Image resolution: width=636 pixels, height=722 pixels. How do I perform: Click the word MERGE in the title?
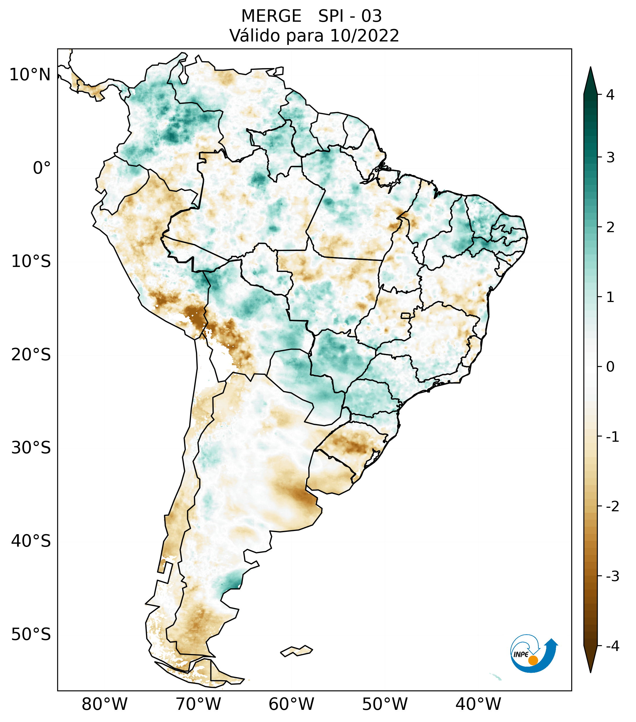click(271, 16)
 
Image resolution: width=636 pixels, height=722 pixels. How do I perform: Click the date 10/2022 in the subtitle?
click(364, 36)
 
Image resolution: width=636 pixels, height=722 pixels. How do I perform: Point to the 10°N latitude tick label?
click(30, 75)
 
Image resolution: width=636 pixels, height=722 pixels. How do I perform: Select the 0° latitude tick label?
click(42, 168)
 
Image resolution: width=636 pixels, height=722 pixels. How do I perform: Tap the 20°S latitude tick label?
click(31, 355)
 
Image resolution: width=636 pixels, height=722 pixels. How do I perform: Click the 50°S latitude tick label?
click(31, 635)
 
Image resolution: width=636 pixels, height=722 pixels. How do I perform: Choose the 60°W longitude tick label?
click(291, 704)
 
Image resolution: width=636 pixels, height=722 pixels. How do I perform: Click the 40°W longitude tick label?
click(478, 704)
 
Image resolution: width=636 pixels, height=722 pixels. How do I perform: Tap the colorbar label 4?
click(610, 95)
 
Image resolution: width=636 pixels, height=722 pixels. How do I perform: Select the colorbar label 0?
click(610, 367)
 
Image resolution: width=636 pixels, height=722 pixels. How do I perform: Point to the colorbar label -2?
click(612, 507)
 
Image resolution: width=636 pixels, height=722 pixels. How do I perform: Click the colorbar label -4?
click(612, 646)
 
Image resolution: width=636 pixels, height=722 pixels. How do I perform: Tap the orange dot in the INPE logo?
click(533, 660)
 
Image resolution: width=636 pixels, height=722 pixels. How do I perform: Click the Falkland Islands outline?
click(296, 651)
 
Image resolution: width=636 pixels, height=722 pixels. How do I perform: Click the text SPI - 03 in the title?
click(350, 16)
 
